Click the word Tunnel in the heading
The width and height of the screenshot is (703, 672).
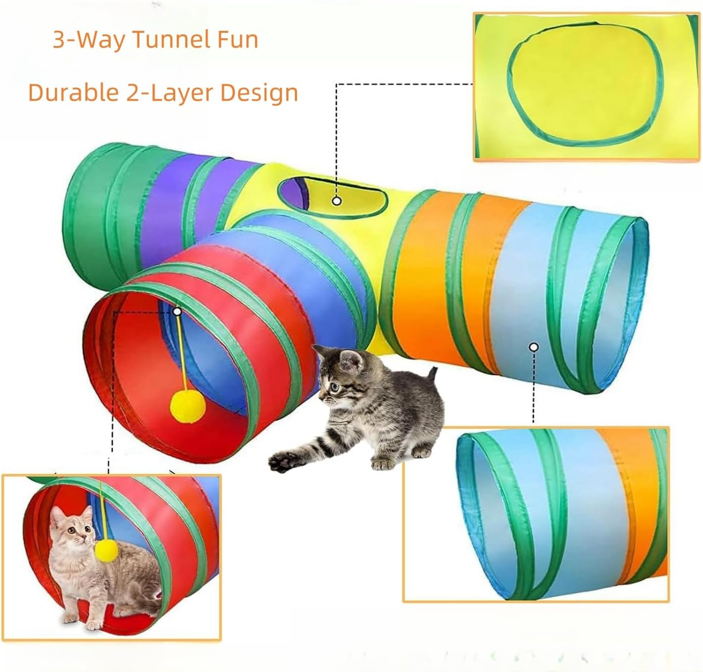[x=167, y=40]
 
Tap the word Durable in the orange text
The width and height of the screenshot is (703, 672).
[x=68, y=93]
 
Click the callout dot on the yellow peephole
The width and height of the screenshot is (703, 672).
[x=337, y=201]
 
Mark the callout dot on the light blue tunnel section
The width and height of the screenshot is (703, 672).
[x=534, y=347]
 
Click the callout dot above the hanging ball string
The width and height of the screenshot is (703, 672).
[x=177, y=312]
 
